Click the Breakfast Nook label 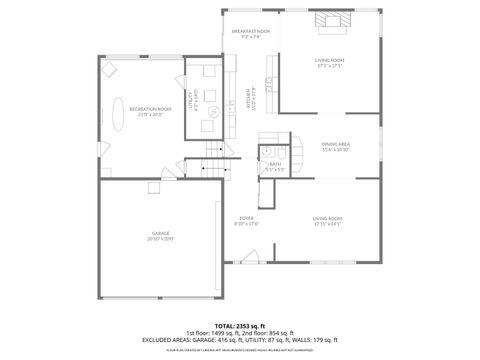point(251,31)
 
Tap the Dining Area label point(335,145)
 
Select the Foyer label point(246,218)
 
